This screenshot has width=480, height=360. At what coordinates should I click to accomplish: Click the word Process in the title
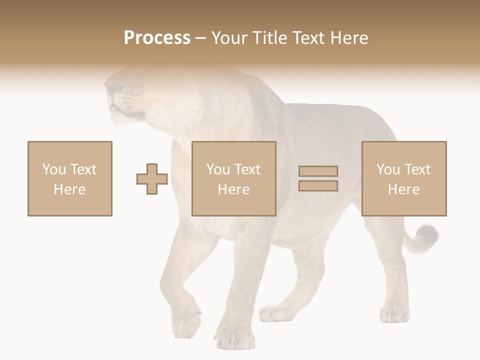click(x=157, y=38)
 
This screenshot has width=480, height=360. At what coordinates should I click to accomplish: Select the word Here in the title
click(x=348, y=38)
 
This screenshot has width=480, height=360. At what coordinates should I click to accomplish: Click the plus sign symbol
click(x=152, y=179)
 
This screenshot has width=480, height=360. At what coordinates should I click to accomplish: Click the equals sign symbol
click(x=318, y=178)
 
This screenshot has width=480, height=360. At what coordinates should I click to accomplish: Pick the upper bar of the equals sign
click(x=318, y=171)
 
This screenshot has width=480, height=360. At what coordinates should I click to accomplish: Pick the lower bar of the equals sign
click(x=318, y=185)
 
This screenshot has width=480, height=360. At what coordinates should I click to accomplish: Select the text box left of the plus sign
click(x=70, y=178)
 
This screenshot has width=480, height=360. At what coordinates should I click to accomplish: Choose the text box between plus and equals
click(x=234, y=178)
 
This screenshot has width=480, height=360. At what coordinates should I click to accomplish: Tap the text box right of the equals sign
click(x=404, y=178)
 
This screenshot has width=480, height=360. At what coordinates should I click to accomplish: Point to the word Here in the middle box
click(x=234, y=189)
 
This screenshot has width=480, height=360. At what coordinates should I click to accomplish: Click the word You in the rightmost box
click(x=388, y=169)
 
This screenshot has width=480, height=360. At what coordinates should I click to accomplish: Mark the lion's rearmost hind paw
click(x=394, y=314)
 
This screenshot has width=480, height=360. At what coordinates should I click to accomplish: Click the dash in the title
click(x=200, y=38)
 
